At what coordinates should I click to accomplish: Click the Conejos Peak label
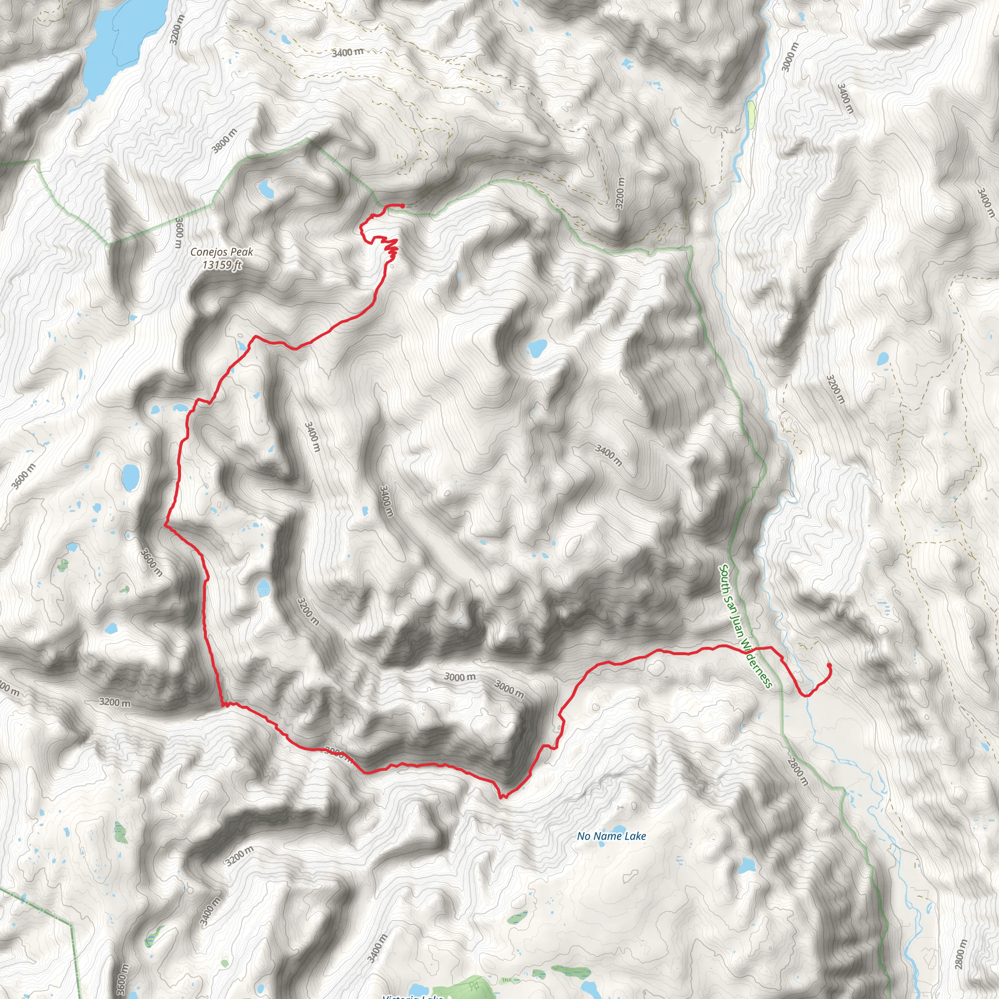tap(222, 252)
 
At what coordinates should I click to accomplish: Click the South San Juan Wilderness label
tap(746, 626)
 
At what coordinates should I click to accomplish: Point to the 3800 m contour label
tap(224, 141)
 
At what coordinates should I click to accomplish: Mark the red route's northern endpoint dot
tap(402, 206)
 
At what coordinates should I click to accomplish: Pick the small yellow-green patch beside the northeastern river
tap(751, 114)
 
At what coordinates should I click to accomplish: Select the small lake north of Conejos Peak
tap(266, 189)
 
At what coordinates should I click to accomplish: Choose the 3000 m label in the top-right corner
tap(790, 57)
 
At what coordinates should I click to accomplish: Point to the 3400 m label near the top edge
tap(347, 52)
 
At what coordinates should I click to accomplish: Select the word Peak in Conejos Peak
tap(241, 252)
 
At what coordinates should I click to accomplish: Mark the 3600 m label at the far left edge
tap(24, 476)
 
